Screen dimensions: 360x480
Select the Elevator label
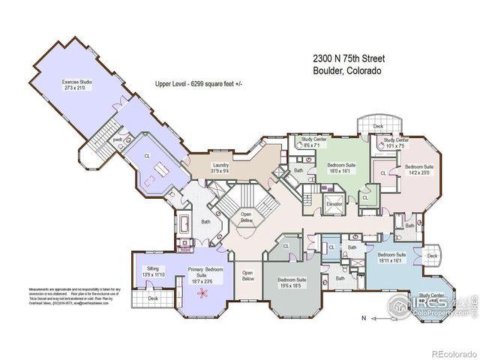click(334, 204)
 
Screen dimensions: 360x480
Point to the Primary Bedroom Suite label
click(200, 271)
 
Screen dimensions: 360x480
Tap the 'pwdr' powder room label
click(118, 139)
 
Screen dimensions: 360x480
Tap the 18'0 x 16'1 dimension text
click(340, 170)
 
